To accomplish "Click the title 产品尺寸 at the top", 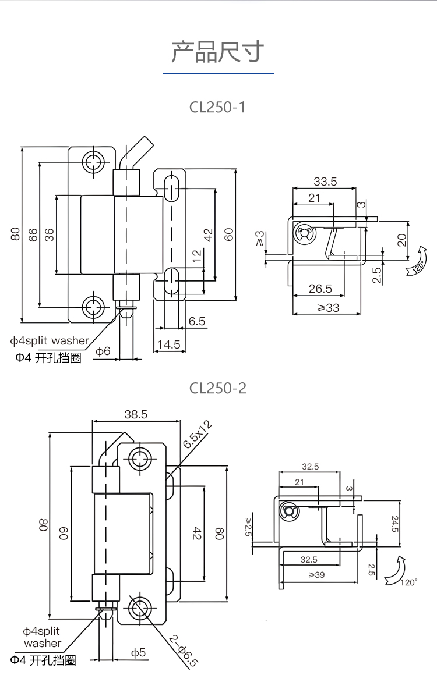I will coord(218,52).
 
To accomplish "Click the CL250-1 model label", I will coord(218,108).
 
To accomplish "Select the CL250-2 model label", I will coord(218,388).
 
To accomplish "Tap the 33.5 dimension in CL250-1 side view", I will coord(325,182).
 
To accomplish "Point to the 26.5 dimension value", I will coord(320,289).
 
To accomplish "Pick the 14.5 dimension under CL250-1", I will coord(168,344).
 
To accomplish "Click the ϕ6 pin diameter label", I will coord(103,351).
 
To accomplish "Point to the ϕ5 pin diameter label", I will coord(138,653).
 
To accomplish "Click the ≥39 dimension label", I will coord(317,575).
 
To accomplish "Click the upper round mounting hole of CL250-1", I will coord(93,162).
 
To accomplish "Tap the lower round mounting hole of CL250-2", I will coord(140,609).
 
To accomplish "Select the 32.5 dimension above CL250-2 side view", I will coord(310,467).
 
